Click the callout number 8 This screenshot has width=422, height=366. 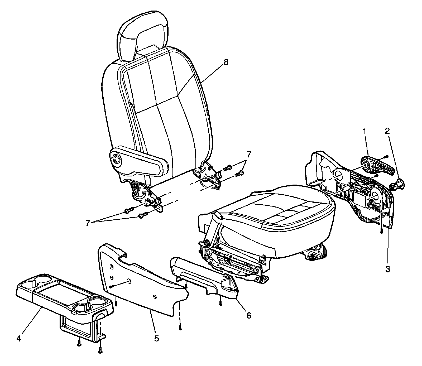click(x=226, y=62)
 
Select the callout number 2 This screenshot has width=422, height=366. click(x=387, y=131)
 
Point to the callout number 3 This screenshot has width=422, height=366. click(x=387, y=269)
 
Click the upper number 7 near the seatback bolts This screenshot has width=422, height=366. click(x=249, y=154)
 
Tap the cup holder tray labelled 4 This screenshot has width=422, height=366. click(x=63, y=295)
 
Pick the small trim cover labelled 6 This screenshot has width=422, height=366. click(x=203, y=280)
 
